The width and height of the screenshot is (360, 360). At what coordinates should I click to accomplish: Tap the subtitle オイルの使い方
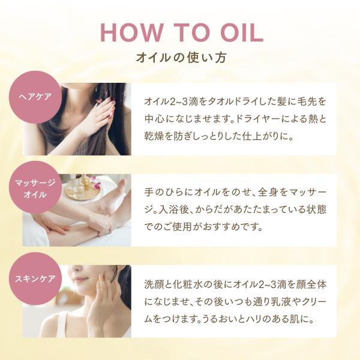(x=181, y=58)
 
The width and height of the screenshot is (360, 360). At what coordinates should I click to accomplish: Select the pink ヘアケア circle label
(x=35, y=97)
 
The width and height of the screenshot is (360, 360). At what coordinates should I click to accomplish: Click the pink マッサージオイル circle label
(x=35, y=188)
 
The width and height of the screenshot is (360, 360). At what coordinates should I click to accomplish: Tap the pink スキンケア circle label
(x=35, y=279)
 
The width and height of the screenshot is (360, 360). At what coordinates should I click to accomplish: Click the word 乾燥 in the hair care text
(x=154, y=136)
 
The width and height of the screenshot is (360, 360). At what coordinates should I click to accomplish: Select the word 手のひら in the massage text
(x=164, y=192)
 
